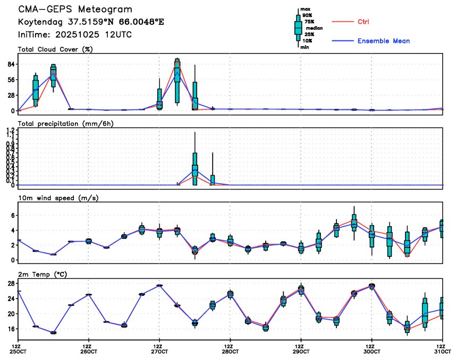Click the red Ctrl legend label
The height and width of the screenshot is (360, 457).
(x=363, y=22)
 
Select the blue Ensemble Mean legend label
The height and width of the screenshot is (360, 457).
(x=383, y=41)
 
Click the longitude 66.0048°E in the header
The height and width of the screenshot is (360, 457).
(x=138, y=22)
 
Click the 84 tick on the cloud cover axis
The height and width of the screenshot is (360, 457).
(x=11, y=64)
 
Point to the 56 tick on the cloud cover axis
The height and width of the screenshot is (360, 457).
(x=11, y=80)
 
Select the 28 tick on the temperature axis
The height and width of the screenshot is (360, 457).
(x=11, y=284)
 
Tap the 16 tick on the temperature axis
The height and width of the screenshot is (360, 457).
(x=11, y=329)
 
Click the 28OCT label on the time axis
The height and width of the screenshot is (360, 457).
(x=230, y=352)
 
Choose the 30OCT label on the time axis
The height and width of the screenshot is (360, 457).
(x=372, y=352)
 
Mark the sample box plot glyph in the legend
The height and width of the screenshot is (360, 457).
(x=298, y=28)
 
